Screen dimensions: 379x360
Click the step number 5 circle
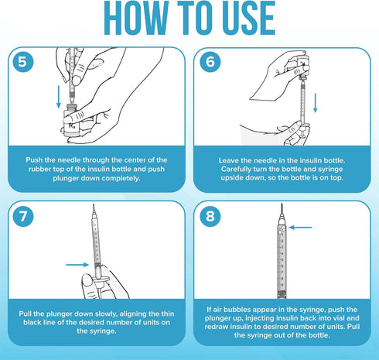coord(23,62)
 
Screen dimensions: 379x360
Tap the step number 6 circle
coord(210,62)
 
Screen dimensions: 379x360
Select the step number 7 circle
coord(23,216)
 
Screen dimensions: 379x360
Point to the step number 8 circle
coord(210,216)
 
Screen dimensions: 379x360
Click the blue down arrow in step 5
coord(59,97)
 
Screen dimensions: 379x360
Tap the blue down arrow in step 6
coord(315,103)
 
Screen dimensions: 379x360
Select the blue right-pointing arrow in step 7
coord(77,265)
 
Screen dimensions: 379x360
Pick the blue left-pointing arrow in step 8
coord(300,228)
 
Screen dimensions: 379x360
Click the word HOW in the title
coord(136,18)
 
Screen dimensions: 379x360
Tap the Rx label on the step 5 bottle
coord(71,126)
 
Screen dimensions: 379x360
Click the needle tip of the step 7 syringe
coord(94,204)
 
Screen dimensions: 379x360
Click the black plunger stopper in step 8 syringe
coord(282,293)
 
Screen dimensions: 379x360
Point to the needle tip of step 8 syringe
coord(282,204)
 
